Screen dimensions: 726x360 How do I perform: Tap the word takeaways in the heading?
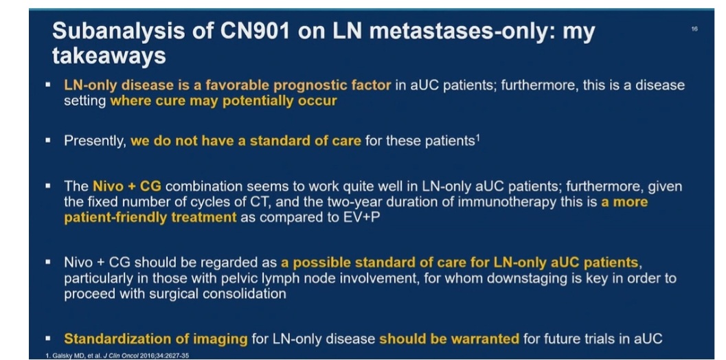[109, 56]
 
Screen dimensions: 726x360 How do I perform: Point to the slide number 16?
[694, 29]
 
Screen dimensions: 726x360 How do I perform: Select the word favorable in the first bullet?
[236, 86]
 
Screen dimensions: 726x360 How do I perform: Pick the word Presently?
[95, 141]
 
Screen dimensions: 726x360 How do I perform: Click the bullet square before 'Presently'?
[48, 139]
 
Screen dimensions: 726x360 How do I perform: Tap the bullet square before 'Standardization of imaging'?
[48, 337]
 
